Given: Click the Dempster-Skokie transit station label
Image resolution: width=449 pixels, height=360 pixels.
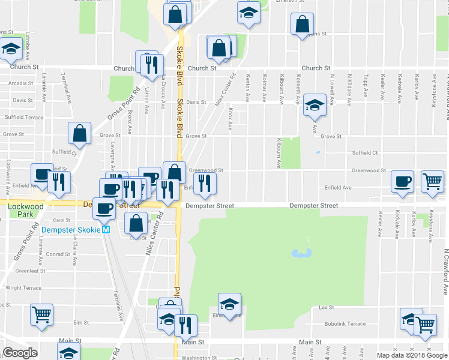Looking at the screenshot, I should pos(70,230).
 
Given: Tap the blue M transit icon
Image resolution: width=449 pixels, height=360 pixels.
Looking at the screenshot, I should pos(106,230).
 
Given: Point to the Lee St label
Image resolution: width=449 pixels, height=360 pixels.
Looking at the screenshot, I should pos(327,307).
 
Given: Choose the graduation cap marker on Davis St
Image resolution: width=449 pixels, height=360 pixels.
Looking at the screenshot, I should pos(314,105).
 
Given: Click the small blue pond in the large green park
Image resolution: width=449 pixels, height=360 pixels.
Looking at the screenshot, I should pos(300,253).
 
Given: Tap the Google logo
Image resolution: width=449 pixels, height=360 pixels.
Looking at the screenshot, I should pos(20,353).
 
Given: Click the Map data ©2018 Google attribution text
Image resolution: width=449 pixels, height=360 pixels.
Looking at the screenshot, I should pos(412,355).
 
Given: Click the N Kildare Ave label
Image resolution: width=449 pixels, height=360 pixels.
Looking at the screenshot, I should pos(349,85).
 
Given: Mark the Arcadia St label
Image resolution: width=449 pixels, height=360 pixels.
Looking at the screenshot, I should pos(22,83).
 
